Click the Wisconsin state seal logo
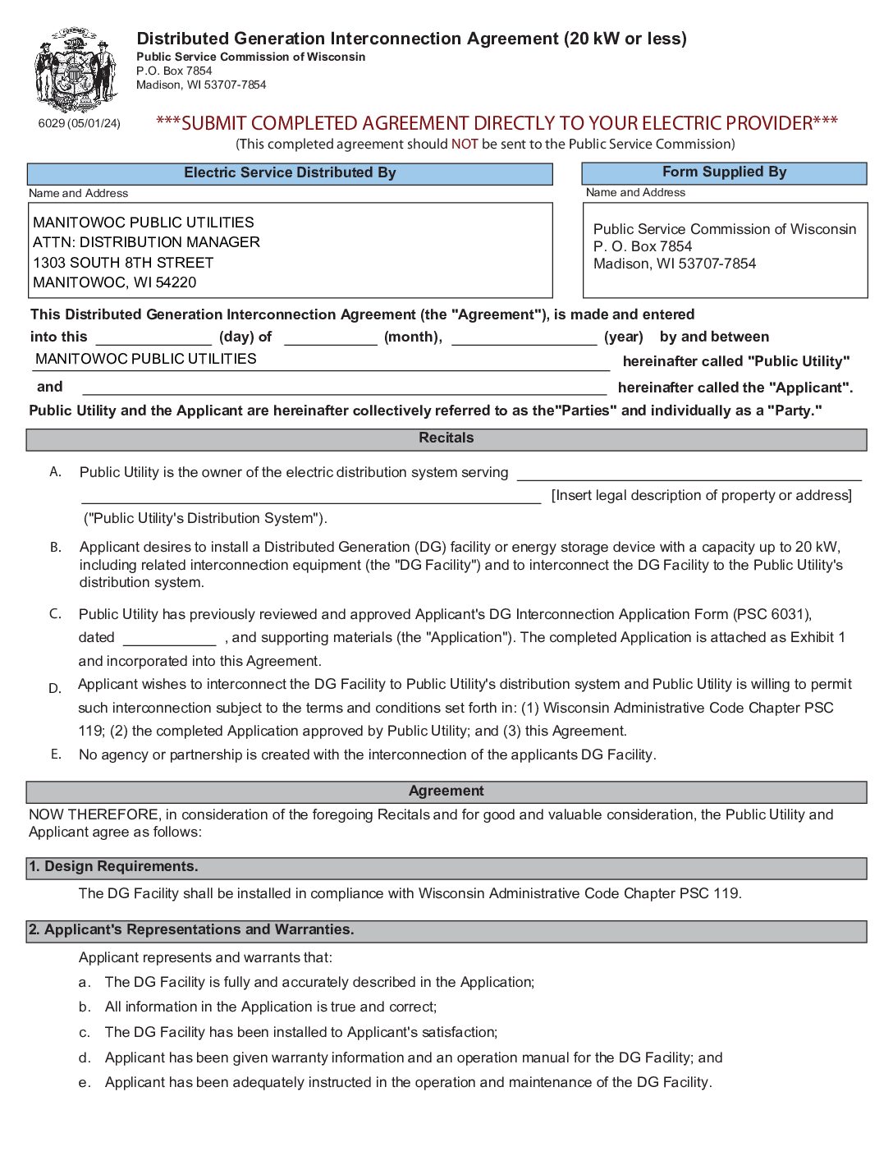[76, 71]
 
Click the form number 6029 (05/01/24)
[79, 123]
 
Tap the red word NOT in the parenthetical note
[465, 144]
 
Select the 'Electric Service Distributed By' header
[290, 173]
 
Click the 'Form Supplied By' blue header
[724, 172]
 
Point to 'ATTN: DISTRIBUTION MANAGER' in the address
[146, 242]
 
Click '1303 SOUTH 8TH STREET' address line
[123, 263]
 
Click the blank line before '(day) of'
[153, 338]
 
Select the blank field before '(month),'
[330, 338]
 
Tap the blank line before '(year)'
[524, 338]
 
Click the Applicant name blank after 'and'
[345, 388]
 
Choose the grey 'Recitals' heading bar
[446, 438]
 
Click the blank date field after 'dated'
[169, 639]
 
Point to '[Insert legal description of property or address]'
[702, 496]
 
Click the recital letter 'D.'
[55, 689]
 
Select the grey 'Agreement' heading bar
[446, 791]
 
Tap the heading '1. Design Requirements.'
[113, 867]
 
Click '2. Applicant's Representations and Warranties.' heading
[191, 930]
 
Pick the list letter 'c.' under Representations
[85, 1033]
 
